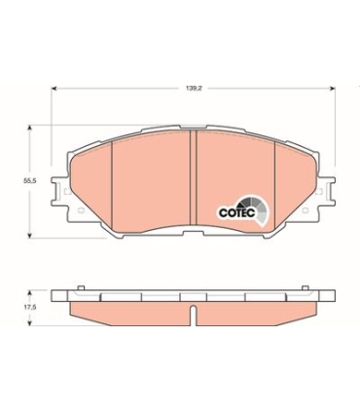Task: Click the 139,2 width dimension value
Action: pyautogui.click(x=194, y=89)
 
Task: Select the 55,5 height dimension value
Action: pyautogui.click(x=28, y=181)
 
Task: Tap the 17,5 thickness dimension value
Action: pyautogui.click(x=29, y=307)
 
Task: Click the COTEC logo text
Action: pyautogui.click(x=237, y=212)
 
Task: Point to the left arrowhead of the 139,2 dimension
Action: pyautogui.click(x=54, y=88)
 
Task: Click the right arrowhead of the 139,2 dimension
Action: pyautogui.click(x=332, y=88)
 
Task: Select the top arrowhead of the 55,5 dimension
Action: pyautogui.click(x=30, y=128)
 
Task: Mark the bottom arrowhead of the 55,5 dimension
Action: pyautogui.click(x=30, y=235)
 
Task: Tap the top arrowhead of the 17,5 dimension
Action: pyautogui.click(x=30, y=293)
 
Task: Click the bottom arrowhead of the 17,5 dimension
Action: pyautogui.click(x=30, y=322)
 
